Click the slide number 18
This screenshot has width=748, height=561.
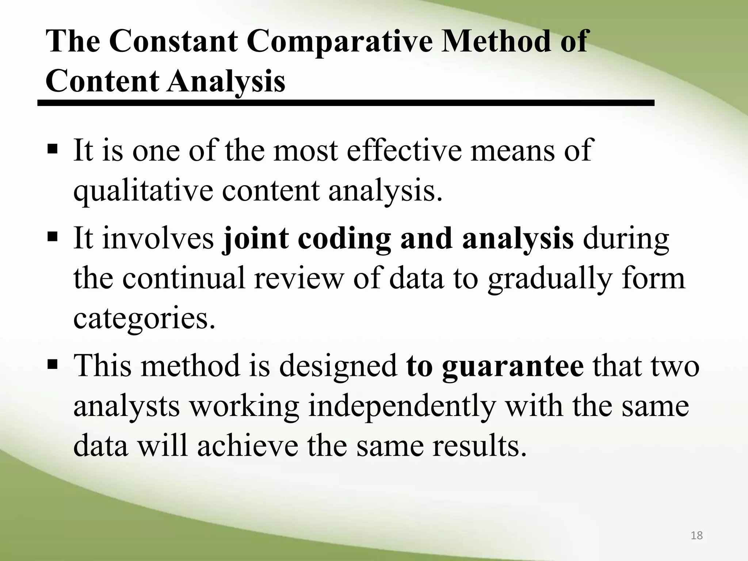pyautogui.click(x=697, y=535)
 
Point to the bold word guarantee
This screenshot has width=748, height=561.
pyautogui.click(x=513, y=366)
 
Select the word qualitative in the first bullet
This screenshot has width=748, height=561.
pyautogui.click(x=143, y=191)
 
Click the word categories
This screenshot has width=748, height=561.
pyautogui.click(x=144, y=318)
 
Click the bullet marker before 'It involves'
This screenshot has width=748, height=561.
pyautogui.click(x=53, y=238)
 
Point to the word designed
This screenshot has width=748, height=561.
pyautogui.click(x=338, y=367)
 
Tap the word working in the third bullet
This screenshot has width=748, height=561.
pyautogui.click(x=245, y=406)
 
